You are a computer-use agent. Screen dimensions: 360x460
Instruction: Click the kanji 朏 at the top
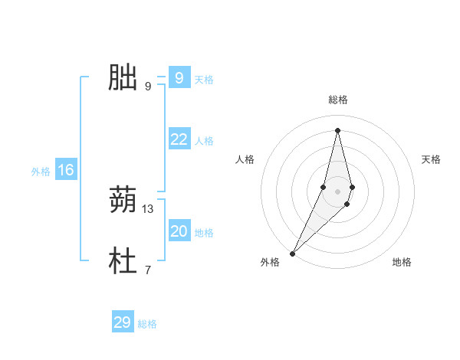tap(123, 77)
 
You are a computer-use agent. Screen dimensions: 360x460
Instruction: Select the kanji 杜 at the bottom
tap(123, 261)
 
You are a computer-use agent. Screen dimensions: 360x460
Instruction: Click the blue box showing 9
tap(179, 78)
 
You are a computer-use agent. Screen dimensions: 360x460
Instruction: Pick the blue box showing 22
tap(179, 139)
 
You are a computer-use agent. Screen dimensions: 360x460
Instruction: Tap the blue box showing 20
tap(179, 231)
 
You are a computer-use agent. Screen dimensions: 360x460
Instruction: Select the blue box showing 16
tap(66, 170)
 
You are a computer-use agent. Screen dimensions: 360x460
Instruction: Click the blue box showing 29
tap(123, 322)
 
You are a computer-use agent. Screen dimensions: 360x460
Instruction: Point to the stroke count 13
tap(148, 209)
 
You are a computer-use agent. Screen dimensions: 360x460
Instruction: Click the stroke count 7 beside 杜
tap(147, 270)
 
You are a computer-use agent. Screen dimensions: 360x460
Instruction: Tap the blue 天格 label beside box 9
tap(204, 80)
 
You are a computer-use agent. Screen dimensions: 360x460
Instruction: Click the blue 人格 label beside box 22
tap(204, 141)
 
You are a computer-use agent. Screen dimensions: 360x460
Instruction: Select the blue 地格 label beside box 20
tap(204, 233)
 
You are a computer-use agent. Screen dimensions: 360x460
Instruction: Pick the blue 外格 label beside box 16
tap(41, 172)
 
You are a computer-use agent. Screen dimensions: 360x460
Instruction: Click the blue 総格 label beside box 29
tap(147, 324)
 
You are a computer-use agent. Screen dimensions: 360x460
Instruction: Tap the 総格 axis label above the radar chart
tap(337, 100)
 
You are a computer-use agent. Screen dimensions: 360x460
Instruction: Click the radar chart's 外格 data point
tap(293, 253)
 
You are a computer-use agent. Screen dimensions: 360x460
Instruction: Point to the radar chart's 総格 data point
tap(337, 129)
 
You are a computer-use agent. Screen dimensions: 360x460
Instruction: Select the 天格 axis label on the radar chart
tap(431, 159)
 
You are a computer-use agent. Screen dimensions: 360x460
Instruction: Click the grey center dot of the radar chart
tap(337, 191)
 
